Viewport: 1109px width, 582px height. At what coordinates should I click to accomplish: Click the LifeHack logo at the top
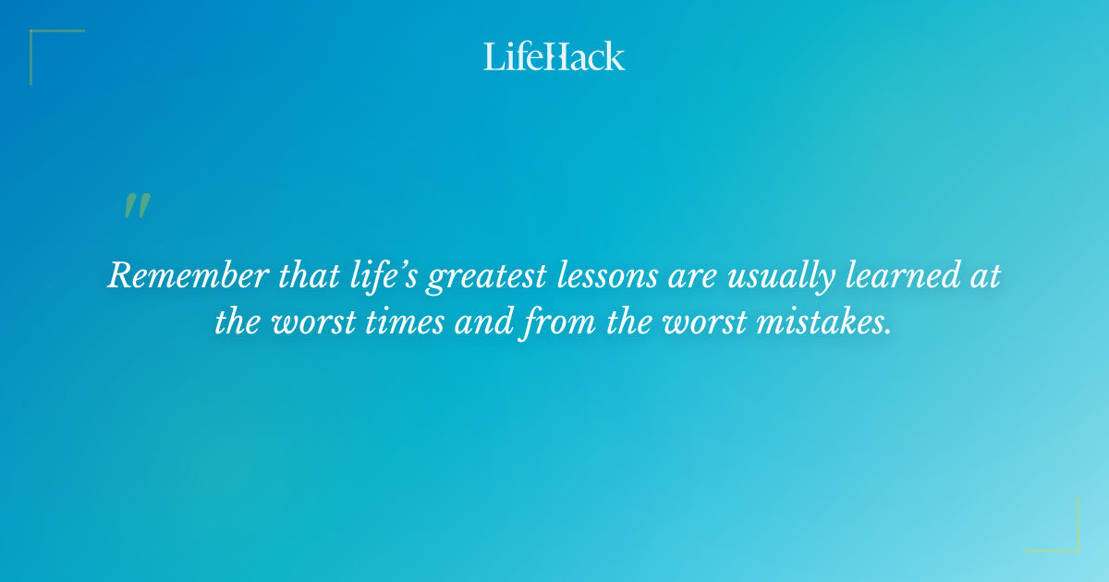tap(554, 56)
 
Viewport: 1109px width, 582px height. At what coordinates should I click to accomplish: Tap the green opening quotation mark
tap(137, 206)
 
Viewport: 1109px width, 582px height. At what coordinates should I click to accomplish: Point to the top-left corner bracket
tap(42, 42)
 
